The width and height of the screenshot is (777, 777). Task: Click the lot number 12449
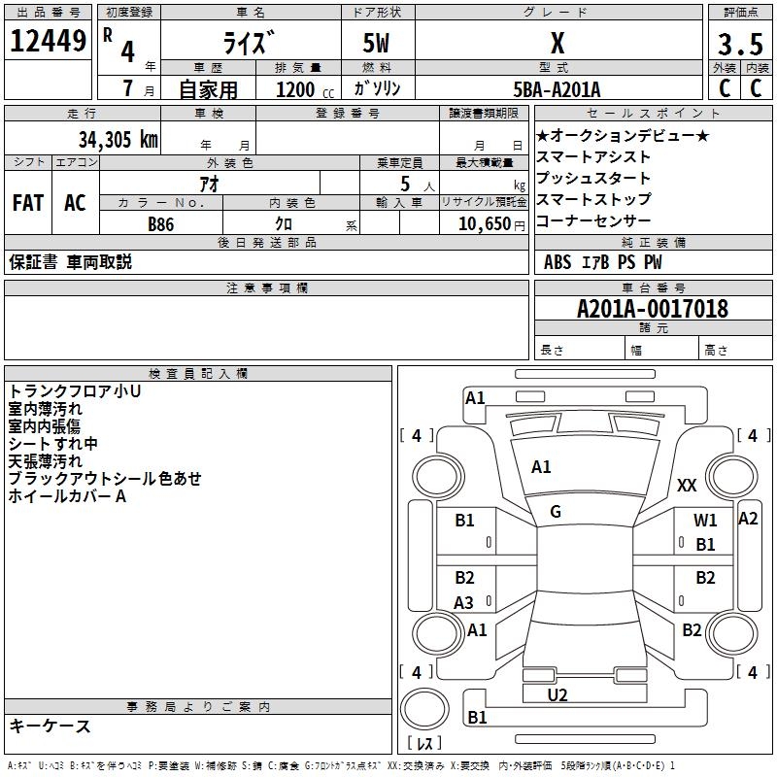point(48,42)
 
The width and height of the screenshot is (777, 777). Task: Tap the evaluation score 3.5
point(739,45)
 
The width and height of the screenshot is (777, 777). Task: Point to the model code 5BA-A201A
point(557,89)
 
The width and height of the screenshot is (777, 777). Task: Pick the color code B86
point(161,223)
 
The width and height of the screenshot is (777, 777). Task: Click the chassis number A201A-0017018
point(652,309)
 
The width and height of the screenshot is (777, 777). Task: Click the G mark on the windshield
point(556,512)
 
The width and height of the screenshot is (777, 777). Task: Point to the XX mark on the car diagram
point(687,485)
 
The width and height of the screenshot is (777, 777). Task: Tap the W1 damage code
point(705,521)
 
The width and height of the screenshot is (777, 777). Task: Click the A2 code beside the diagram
point(748,519)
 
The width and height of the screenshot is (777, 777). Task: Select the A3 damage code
point(464,603)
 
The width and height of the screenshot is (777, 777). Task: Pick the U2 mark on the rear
point(557,694)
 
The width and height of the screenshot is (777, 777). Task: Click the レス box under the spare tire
point(424,744)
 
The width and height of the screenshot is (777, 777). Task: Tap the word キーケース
point(50,726)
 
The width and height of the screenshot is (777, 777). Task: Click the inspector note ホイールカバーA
point(67,496)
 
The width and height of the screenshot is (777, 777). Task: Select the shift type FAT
point(27,203)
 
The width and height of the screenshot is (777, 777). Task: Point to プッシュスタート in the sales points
point(593,178)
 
